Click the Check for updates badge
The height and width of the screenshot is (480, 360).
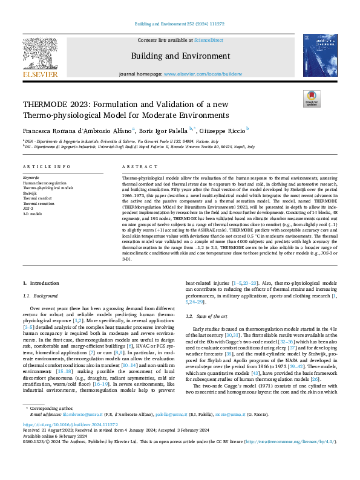[310, 99]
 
